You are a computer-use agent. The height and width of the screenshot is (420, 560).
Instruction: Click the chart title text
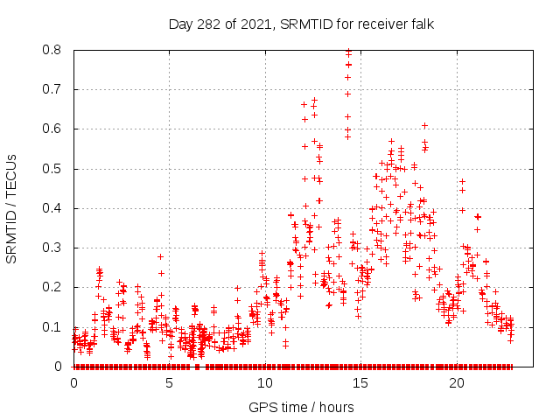click(x=301, y=24)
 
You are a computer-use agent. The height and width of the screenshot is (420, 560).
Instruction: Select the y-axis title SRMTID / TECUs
click(x=11, y=208)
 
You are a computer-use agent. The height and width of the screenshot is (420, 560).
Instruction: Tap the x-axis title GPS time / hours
click(x=301, y=407)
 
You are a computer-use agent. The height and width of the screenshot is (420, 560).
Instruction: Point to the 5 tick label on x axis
click(x=169, y=383)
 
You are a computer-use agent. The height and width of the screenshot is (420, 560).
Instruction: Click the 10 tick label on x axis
click(x=265, y=383)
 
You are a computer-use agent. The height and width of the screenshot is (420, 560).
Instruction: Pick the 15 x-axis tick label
click(x=360, y=383)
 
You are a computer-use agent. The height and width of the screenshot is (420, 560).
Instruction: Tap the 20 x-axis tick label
click(x=456, y=383)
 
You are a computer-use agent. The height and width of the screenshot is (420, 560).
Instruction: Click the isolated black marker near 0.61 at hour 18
click(x=424, y=126)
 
